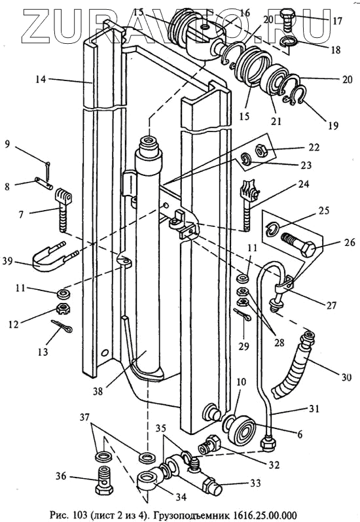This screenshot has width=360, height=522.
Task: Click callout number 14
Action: (41, 80)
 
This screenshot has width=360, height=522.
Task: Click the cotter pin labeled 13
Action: (62, 326)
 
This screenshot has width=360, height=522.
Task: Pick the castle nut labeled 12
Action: (62, 309)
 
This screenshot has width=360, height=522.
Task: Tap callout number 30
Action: (346, 377)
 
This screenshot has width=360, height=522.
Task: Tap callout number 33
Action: (255, 483)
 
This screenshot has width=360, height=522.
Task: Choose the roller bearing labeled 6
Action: (244, 430)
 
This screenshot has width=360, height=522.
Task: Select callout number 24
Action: (304, 184)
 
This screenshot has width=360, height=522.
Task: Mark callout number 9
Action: (7, 144)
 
